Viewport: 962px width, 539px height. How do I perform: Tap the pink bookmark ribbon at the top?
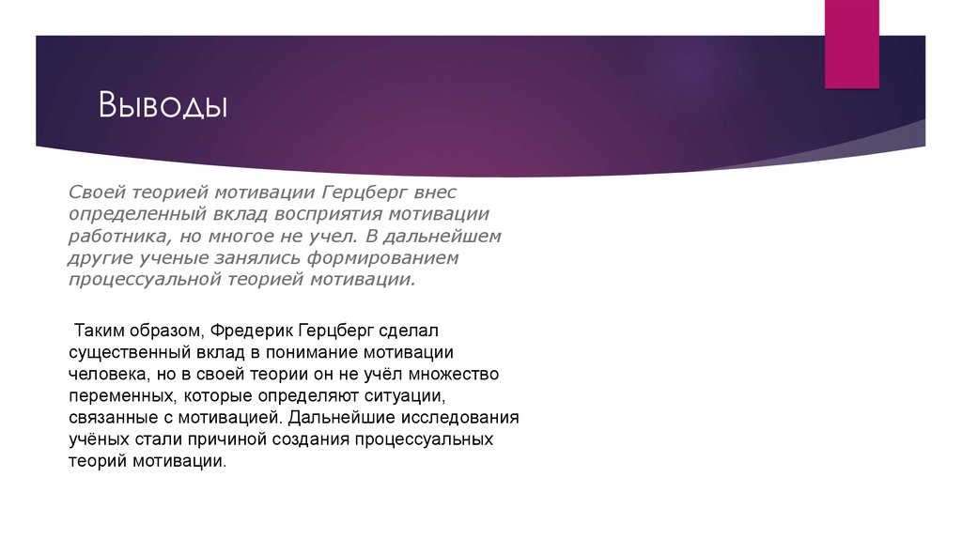851,43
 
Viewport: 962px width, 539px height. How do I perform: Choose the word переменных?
120,395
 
